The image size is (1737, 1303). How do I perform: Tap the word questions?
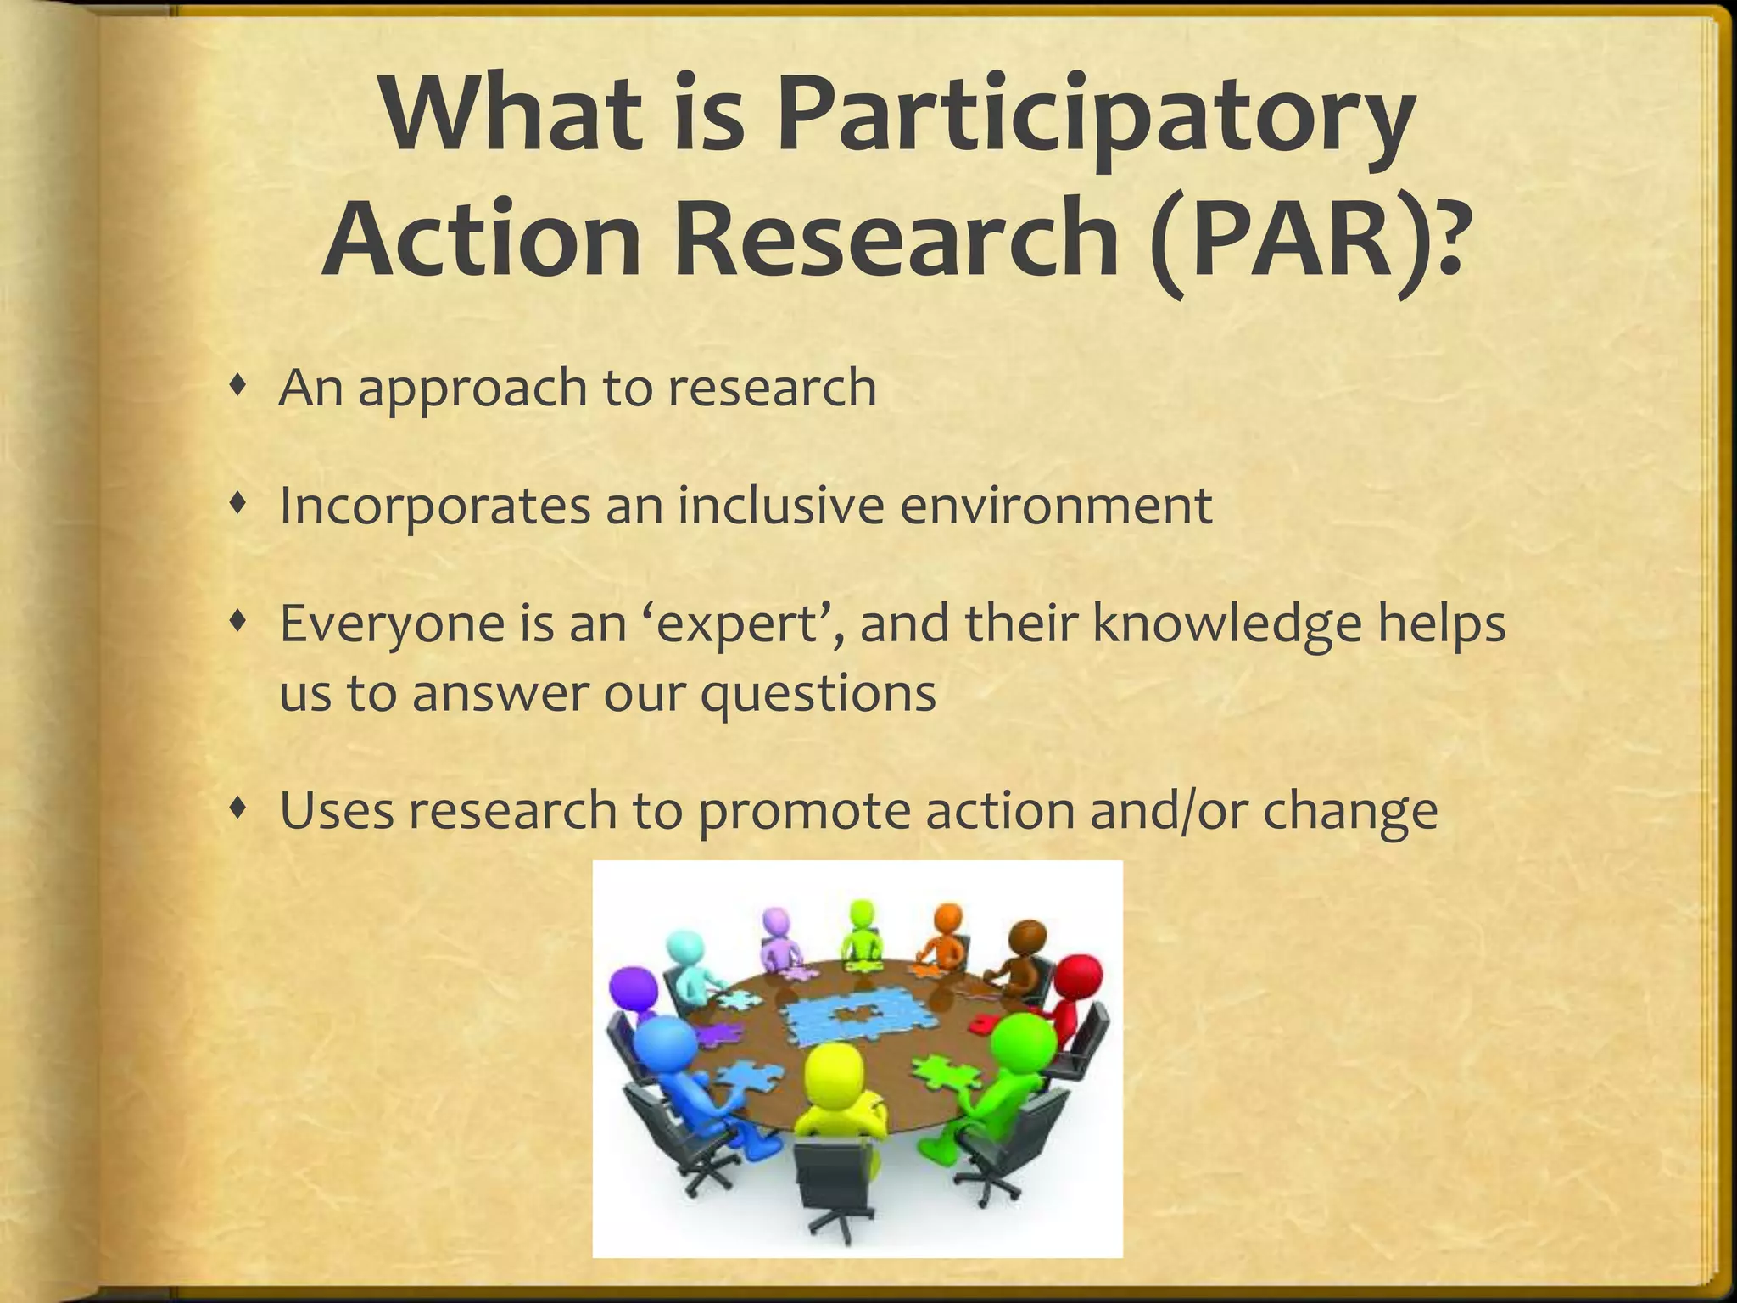tap(818, 694)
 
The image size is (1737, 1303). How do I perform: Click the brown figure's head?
tap(1029, 937)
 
